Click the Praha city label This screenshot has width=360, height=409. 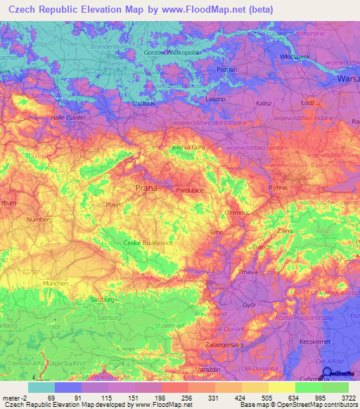(146, 188)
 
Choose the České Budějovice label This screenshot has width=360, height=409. (148, 242)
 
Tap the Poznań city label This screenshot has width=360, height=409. (226, 70)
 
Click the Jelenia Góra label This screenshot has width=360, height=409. (188, 148)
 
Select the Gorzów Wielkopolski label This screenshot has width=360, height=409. (173, 53)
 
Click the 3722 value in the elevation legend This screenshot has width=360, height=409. (347, 398)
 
